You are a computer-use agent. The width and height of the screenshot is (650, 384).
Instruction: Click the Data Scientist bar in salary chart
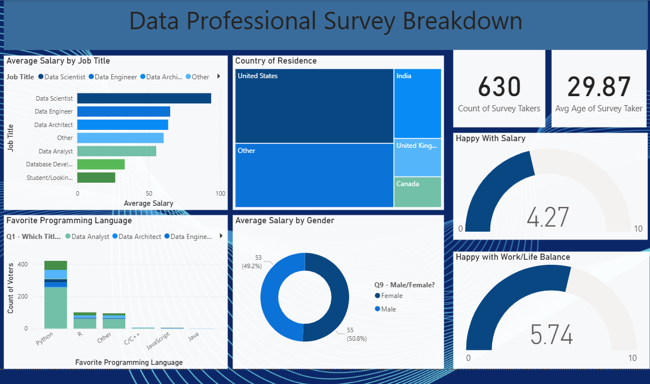pos(144,98)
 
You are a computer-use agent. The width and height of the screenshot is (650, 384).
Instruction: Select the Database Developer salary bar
pos(101,164)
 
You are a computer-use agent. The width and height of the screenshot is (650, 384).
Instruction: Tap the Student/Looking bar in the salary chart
pos(96,178)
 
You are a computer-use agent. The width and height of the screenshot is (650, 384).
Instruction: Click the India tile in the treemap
pos(417,103)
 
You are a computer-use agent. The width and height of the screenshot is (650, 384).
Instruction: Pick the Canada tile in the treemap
pos(417,192)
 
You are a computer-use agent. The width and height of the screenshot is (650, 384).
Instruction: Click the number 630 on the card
pos(499,87)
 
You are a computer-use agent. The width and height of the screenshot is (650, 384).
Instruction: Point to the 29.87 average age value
pos(598,87)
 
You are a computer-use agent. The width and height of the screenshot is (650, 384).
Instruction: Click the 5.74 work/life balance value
pos(552,335)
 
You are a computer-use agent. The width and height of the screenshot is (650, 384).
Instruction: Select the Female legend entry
pos(391,296)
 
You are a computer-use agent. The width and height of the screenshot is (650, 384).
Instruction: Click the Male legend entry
pos(388,309)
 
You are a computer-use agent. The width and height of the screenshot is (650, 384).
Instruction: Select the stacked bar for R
pos(85,320)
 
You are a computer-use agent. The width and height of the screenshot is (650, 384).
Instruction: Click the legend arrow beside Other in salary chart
pos(219,77)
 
